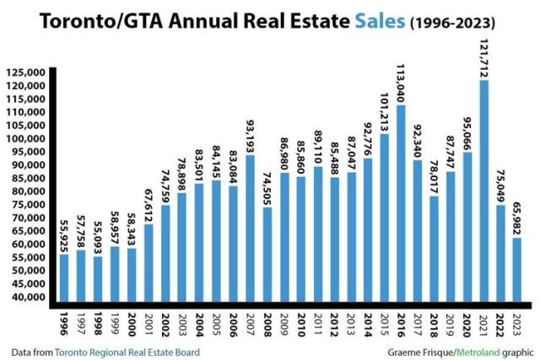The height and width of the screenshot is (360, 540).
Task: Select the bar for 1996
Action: click(64, 279)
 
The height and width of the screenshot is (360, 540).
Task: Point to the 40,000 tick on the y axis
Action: click(28, 297)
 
